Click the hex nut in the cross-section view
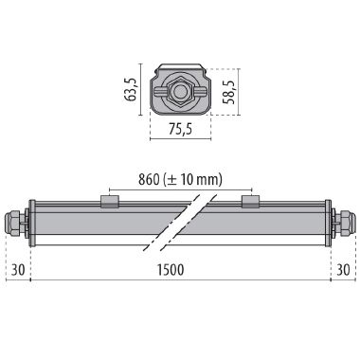coord(180,92)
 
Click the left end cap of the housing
coord(32,223)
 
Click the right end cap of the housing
coord(328,223)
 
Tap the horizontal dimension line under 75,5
coord(180,140)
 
